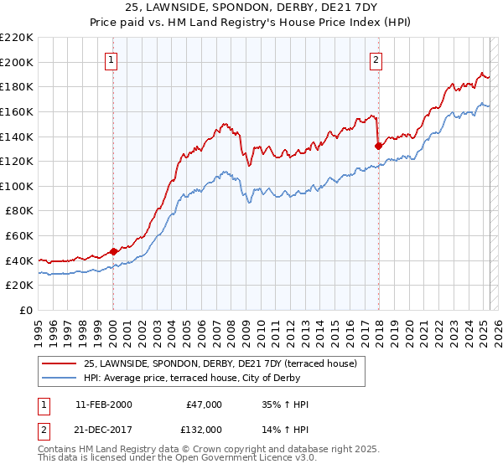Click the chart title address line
251,8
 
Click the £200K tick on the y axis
17,62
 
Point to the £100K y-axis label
17,186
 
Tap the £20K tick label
19,286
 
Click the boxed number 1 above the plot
112,59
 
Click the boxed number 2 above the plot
376,59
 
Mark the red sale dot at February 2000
113,251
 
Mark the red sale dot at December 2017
378,146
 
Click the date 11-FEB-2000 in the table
103,405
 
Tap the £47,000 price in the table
205,405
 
